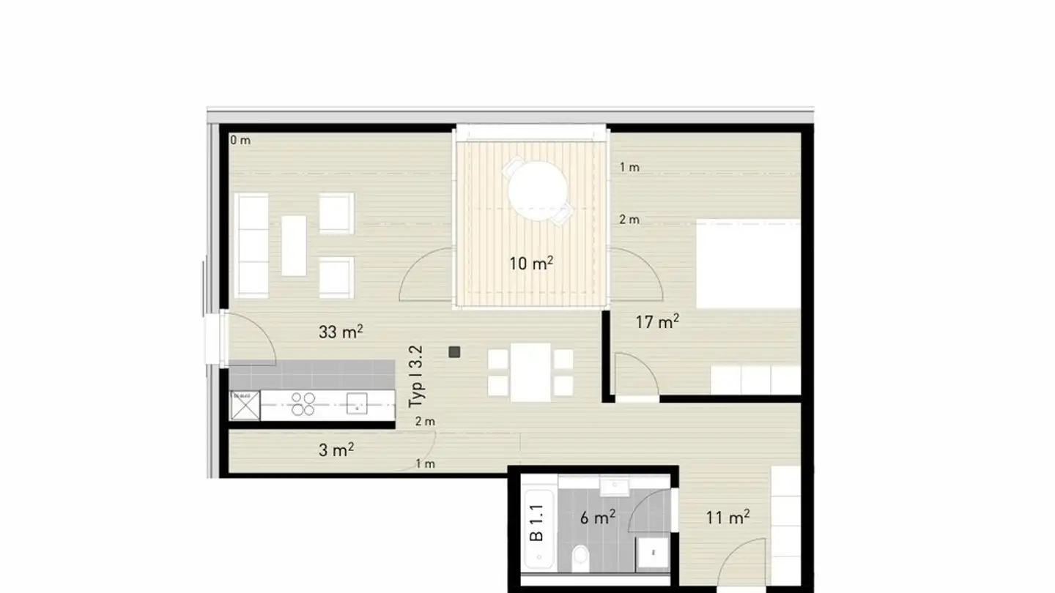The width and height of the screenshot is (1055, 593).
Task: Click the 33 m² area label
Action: pos(341,332)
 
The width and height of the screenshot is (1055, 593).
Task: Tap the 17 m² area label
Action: pos(657,321)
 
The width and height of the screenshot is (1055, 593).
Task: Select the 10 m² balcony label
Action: pos(531,263)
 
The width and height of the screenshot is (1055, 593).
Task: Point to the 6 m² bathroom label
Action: pos(597,518)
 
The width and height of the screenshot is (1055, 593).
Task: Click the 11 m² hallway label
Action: pos(728,518)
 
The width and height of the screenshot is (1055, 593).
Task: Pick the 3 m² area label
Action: pos(336,450)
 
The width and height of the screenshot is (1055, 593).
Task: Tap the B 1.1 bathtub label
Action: pos(537,523)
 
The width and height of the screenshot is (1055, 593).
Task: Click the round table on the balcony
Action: pos(538,189)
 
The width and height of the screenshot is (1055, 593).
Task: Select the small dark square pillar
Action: pos(454,351)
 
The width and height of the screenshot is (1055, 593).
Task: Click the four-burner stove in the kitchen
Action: pos(303,404)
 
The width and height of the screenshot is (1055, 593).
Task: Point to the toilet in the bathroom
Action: pos(581,556)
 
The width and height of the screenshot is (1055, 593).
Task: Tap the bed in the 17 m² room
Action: pos(747,265)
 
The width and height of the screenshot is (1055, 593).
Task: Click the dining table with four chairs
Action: pos(530,372)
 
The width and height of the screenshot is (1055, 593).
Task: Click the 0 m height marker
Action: pos(240,140)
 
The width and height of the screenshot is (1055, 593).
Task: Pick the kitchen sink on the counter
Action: pos(357,403)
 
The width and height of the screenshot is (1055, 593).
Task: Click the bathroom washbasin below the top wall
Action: pos(613,486)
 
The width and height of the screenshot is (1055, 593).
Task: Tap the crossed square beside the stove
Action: pos(245,405)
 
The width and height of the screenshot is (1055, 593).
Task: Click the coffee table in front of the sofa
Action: pos(294,245)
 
